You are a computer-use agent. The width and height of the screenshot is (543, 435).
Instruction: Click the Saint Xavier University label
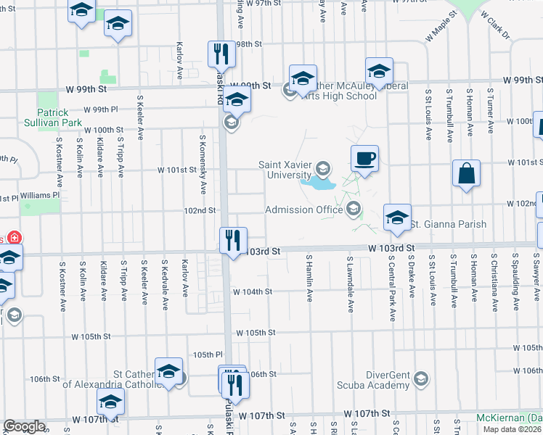[x=285, y=170]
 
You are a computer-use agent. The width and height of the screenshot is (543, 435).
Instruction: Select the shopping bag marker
[x=466, y=173]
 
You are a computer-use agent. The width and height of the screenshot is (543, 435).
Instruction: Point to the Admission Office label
[x=303, y=210]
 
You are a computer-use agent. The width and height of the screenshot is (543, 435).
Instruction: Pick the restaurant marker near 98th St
[x=220, y=53]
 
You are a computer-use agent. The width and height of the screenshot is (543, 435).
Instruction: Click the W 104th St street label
[x=252, y=291]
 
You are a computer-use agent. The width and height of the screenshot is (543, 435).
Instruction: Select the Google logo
[x=24, y=426]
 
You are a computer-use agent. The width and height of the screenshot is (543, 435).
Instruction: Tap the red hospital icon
[x=15, y=239]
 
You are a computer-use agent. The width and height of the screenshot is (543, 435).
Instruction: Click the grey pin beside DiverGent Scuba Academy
[x=420, y=379]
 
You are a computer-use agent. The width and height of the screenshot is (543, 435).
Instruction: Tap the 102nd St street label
[x=200, y=210]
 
